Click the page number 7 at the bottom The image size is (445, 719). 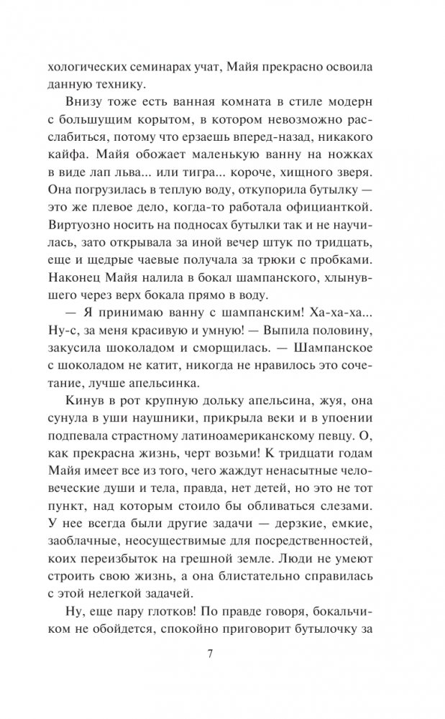click(208, 654)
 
